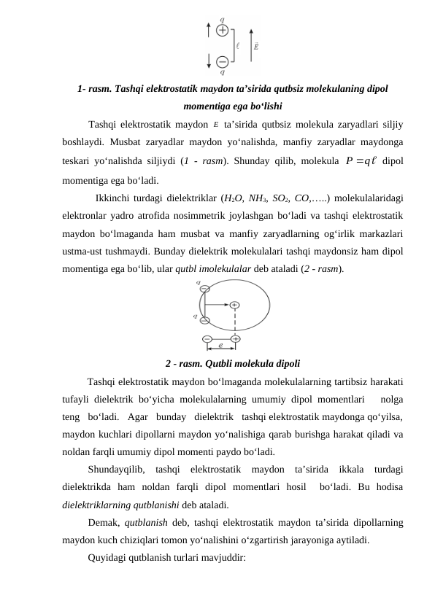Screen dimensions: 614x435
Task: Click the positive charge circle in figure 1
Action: click(x=222, y=31)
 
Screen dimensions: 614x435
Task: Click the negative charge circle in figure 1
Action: click(x=222, y=61)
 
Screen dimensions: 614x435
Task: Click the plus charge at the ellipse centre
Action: click(x=234, y=305)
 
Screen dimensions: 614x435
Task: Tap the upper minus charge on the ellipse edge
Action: click(x=204, y=288)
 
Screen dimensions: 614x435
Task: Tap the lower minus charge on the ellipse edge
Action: click(x=204, y=320)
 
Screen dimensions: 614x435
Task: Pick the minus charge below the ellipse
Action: click(x=208, y=339)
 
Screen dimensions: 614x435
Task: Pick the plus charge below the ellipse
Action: click(x=235, y=339)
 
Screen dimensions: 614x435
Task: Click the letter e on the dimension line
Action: click(x=221, y=347)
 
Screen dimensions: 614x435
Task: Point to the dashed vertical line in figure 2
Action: click(x=235, y=322)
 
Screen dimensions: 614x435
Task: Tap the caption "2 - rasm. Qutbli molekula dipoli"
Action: click(x=233, y=363)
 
